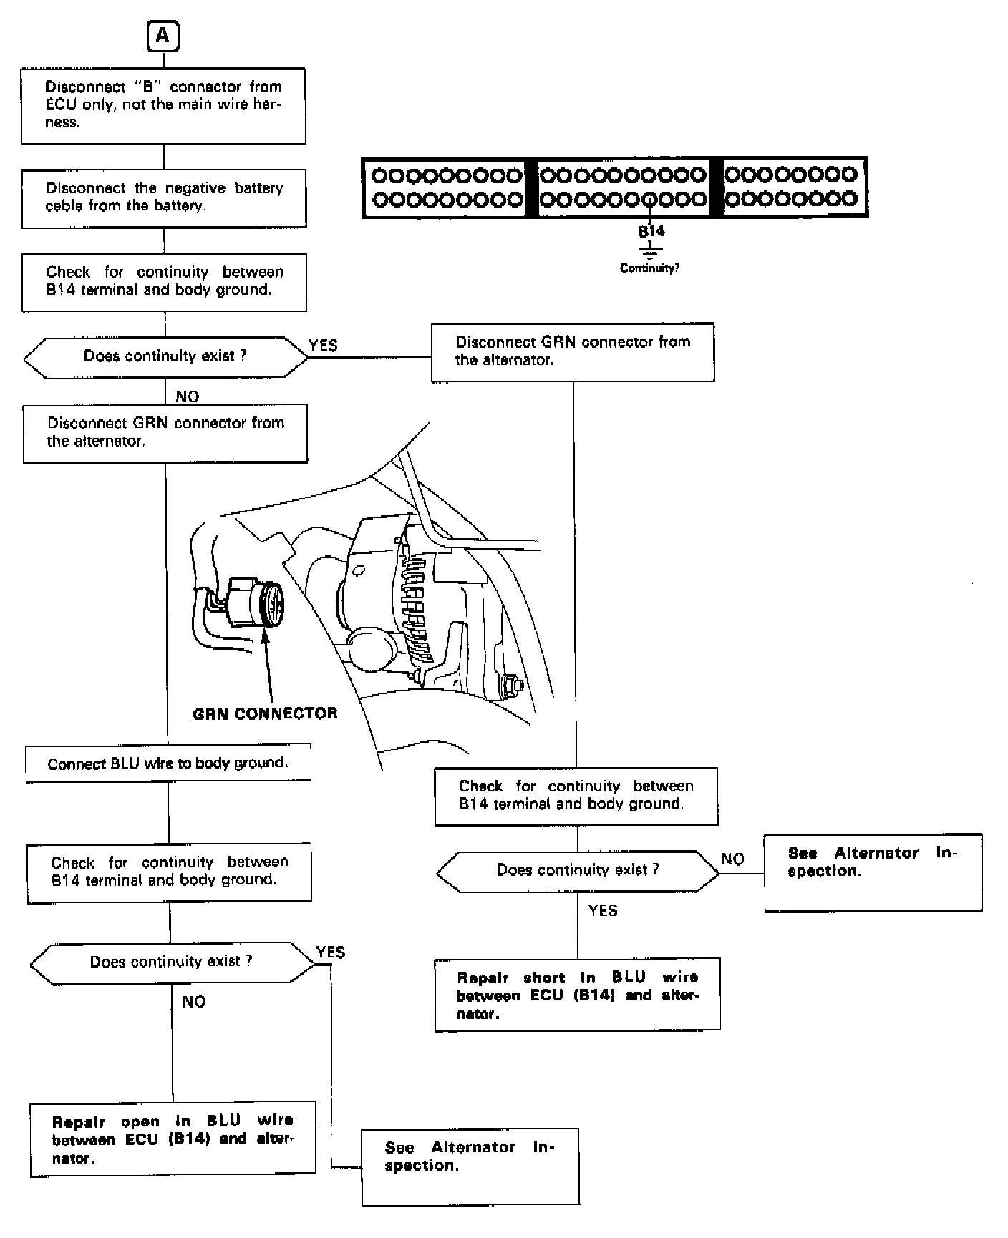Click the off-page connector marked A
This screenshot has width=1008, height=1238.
point(163,36)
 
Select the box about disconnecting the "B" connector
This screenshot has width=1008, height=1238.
point(163,106)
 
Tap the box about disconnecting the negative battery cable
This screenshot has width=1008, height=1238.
point(164,198)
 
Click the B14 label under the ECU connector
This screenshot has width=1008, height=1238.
point(651,231)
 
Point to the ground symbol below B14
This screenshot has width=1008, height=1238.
point(650,250)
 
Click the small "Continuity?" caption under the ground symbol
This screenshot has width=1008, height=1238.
point(649,268)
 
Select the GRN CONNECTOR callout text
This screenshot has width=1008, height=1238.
point(265,713)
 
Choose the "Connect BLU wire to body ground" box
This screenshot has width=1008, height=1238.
point(168,764)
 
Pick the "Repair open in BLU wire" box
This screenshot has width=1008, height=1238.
point(173,1139)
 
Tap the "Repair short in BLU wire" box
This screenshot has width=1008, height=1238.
point(577,995)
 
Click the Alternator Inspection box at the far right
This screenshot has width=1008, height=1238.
point(873,872)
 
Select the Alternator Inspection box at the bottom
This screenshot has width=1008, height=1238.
point(470,1166)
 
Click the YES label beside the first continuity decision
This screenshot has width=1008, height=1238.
point(323,346)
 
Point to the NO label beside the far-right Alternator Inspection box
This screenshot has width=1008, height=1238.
point(732,859)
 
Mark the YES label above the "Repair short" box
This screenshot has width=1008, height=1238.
point(603,911)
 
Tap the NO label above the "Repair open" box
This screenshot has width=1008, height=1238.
point(193,1002)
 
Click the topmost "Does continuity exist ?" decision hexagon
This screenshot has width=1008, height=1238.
point(165,356)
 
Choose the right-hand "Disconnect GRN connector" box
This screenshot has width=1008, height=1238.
point(573,351)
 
